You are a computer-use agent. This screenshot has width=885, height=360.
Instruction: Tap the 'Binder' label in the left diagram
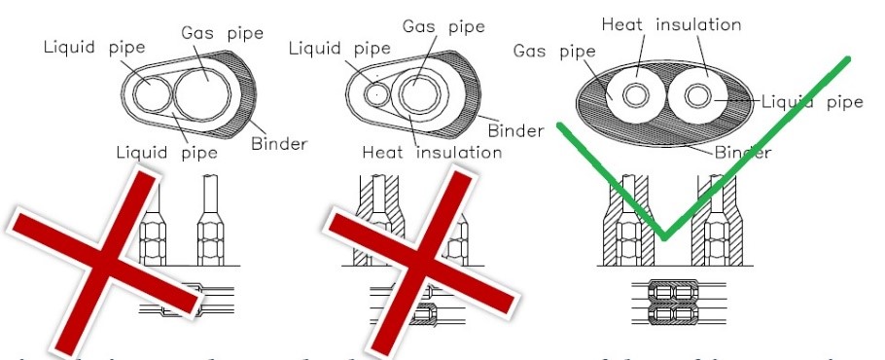coord(279,145)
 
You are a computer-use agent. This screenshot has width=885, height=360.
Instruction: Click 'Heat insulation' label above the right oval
coord(671,24)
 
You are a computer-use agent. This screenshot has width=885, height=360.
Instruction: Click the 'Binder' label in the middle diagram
coord(515,129)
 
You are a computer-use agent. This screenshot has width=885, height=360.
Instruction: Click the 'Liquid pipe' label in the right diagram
coord(811,101)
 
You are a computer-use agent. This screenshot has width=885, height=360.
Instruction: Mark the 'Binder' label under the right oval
coord(743,152)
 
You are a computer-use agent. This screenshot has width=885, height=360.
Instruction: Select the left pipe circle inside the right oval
coord(637,97)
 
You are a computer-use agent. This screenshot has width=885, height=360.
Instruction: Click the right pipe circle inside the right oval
coord(697,96)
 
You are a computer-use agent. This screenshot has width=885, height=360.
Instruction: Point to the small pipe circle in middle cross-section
coord(375,94)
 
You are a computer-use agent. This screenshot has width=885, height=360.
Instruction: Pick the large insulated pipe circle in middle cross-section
coord(419,93)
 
